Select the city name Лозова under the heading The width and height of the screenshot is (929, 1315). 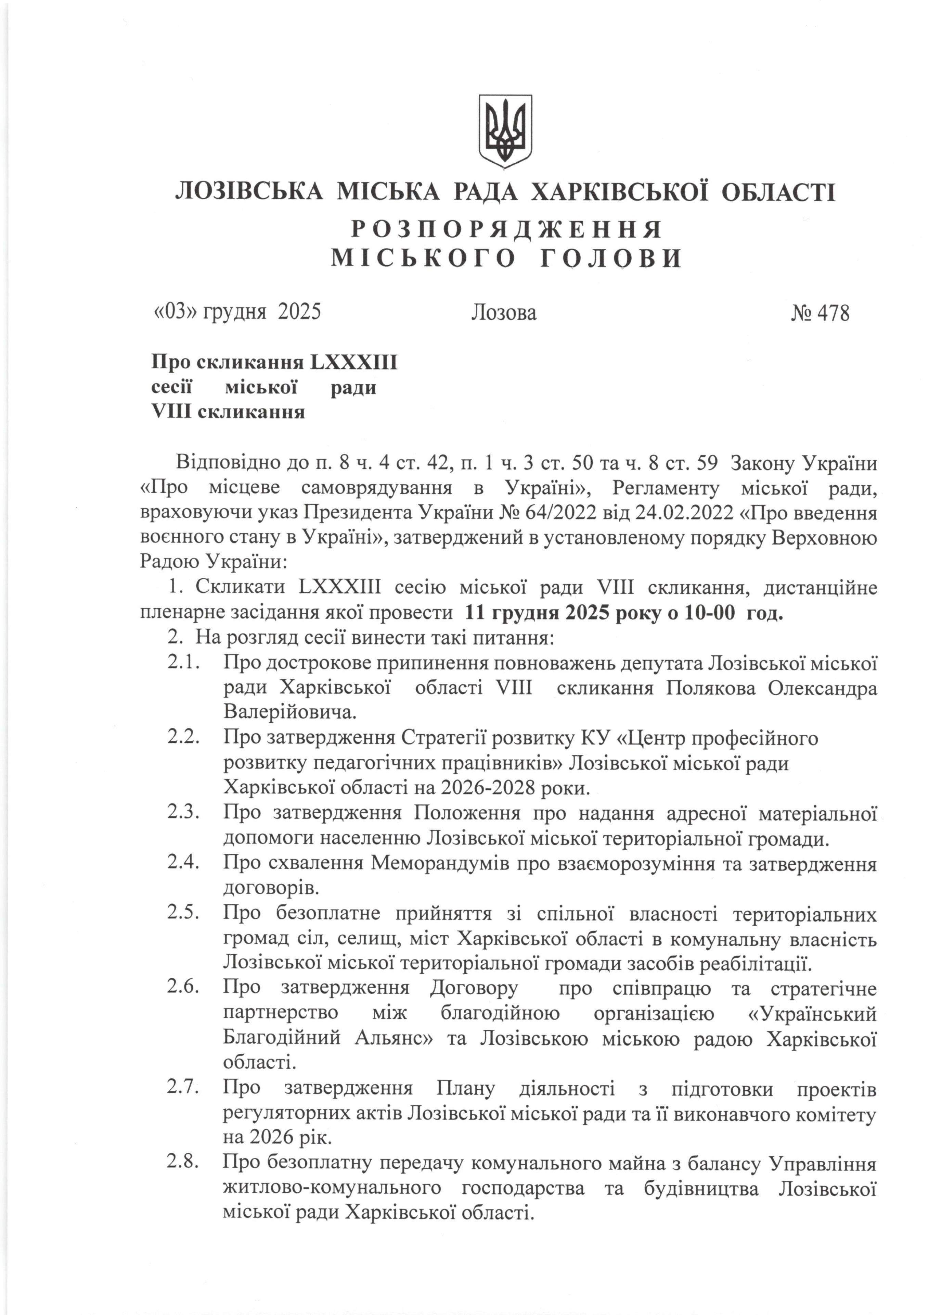[x=504, y=313]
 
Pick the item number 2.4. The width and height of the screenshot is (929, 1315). [x=183, y=863]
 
